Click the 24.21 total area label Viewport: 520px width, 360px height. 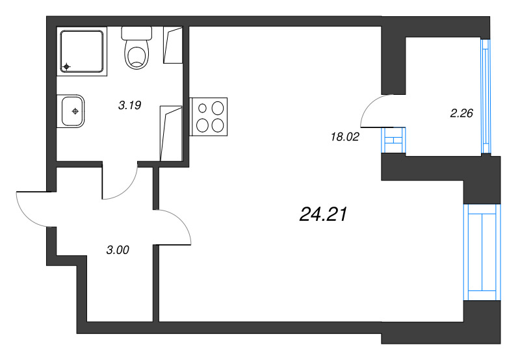point(323,214)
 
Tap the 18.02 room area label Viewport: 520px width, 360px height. point(345,136)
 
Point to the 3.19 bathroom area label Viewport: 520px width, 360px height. point(129,105)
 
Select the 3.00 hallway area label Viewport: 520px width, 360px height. point(118,250)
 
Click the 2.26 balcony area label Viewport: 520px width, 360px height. point(461,113)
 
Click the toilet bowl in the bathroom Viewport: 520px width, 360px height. point(136,55)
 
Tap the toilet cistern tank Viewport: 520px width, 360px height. point(136,33)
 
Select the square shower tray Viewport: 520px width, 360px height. point(82,51)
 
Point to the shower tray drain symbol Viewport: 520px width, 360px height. point(67,67)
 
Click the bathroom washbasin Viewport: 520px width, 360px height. point(71,111)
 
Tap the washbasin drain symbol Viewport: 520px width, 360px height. point(75,111)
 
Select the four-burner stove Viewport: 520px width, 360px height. point(208,117)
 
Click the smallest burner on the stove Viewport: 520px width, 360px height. point(202,108)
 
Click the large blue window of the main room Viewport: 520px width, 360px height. point(482,252)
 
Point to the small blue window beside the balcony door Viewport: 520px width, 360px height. point(393,140)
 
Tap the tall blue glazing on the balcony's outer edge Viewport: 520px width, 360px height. point(486,96)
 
